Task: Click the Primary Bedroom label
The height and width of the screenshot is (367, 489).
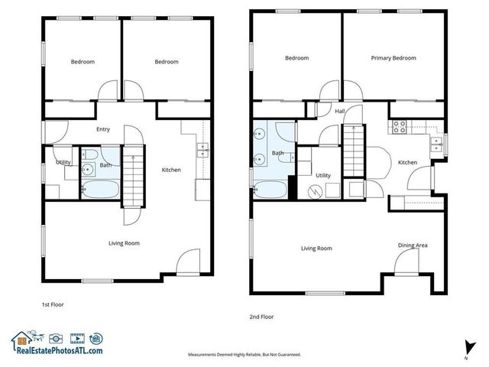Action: click(x=393, y=58)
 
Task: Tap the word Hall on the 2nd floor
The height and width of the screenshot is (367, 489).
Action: click(x=340, y=112)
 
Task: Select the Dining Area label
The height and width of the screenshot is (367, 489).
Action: click(x=413, y=245)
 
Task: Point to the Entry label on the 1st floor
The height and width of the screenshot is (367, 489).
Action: click(x=103, y=129)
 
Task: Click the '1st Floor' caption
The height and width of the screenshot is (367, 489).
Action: click(x=53, y=304)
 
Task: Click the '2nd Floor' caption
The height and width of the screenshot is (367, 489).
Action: click(x=261, y=317)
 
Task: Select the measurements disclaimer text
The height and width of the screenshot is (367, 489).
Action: click(x=244, y=355)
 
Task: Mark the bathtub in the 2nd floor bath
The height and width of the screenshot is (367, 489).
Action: click(x=270, y=187)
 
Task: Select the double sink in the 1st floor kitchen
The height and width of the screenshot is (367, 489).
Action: click(x=202, y=149)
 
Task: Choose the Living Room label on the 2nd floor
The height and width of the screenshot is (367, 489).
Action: click(x=316, y=248)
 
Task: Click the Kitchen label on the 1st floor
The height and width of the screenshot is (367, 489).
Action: click(x=171, y=170)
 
